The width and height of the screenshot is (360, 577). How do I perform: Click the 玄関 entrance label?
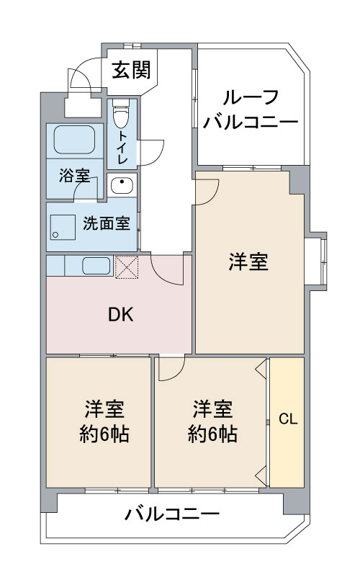(131, 70)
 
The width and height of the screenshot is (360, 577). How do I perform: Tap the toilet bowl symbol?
(122, 113)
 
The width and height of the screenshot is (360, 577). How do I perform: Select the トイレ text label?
(122, 147)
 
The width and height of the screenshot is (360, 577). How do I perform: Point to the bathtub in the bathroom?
(74, 140)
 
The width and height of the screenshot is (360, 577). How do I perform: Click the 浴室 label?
(75, 176)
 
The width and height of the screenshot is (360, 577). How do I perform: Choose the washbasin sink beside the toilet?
(122, 185)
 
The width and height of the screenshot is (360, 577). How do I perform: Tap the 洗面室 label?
(107, 223)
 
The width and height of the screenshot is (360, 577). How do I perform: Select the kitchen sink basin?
(96, 266)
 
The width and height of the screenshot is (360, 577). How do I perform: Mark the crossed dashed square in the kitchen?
(127, 267)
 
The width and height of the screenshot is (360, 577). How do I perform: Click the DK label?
(121, 315)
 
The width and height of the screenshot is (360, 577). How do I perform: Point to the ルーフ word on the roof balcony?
(251, 97)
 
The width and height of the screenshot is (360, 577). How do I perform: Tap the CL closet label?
(288, 419)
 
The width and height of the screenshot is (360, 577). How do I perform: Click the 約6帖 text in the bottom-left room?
(104, 434)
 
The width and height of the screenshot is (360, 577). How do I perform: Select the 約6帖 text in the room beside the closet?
(212, 434)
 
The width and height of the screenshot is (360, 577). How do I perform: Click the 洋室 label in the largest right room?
(248, 262)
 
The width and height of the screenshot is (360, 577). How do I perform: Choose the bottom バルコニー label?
(172, 514)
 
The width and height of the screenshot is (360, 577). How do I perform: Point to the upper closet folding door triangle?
(261, 369)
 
